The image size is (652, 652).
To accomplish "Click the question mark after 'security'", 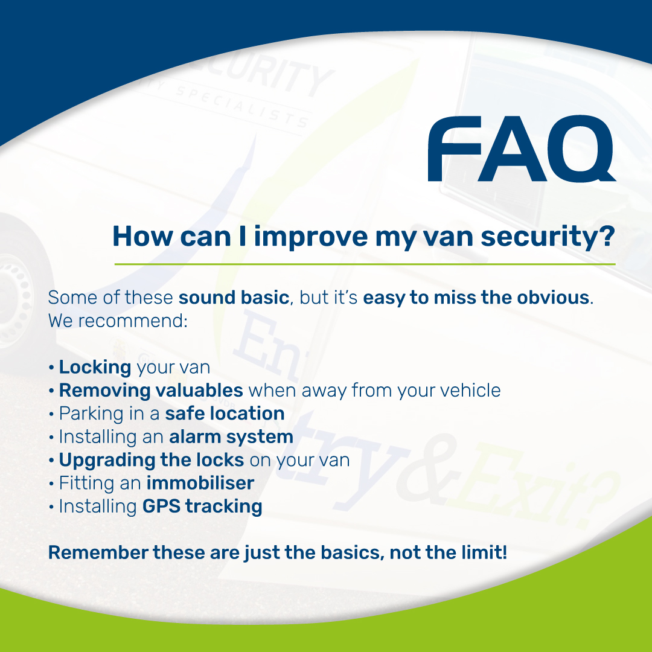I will click(607, 236).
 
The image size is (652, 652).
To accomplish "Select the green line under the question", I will click(365, 264).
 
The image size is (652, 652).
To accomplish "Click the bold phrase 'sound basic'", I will click(234, 298).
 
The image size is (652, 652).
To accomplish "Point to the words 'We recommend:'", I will click(118, 321).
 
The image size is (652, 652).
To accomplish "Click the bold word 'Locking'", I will click(95, 367).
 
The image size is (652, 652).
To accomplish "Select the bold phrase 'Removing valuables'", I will click(151, 391).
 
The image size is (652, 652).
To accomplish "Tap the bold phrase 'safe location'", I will click(225, 414).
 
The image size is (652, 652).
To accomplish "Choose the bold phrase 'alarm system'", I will click(231, 436).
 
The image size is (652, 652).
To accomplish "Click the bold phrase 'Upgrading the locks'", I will click(151, 460).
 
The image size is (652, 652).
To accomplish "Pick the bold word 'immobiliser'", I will click(200, 483).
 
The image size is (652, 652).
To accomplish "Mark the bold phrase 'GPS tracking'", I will click(202, 506).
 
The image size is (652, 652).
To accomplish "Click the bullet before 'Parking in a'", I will click(53, 414).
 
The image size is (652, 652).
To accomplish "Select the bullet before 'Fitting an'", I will click(53, 484).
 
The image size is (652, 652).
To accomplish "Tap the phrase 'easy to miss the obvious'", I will click(476, 298).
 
